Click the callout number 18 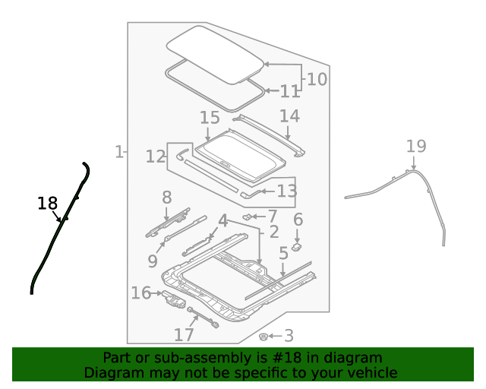pos(47,203)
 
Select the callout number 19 pos(416,147)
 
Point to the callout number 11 pos(290,92)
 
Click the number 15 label pos(210,118)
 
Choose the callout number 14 pos(289,116)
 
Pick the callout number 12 pos(156,157)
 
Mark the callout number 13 pos(286,191)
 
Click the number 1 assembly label pos(119,152)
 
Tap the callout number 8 pos(167,198)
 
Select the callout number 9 pos(153,261)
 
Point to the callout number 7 pos(272,217)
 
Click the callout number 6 pos(298,220)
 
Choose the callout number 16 pos(140,293)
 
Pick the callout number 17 pos(184,334)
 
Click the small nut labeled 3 pos(264,335)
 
